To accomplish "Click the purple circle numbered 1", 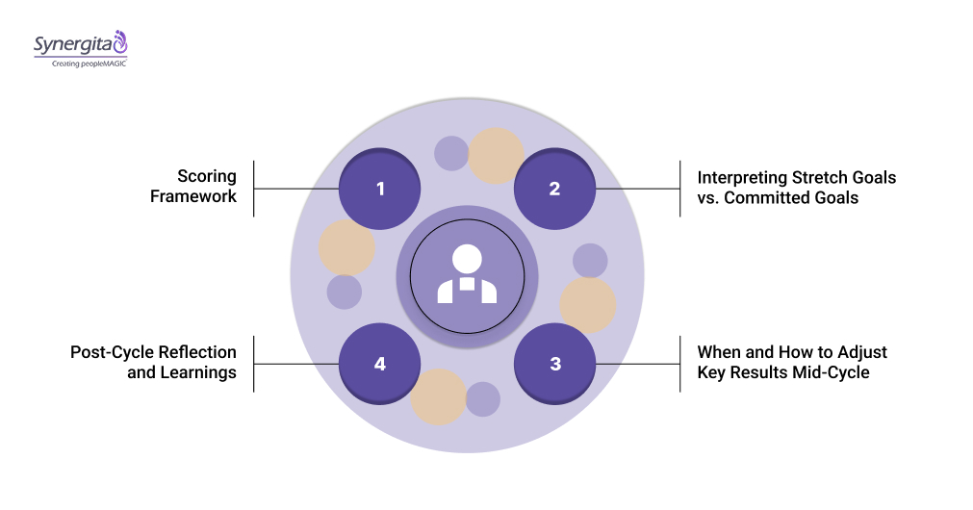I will [380, 189].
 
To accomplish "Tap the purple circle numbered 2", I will [554, 189].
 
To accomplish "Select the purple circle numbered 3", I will [554, 364].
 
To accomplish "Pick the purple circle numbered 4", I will [380, 364].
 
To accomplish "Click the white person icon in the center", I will [467, 275].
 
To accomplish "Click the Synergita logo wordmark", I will [73, 44].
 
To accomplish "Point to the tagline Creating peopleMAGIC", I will [82, 64].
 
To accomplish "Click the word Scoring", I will [207, 177].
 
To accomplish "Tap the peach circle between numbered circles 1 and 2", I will [496, 156].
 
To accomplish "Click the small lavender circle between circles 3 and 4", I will [482, 399].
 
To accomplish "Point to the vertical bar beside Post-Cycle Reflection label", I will [253, 364].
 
